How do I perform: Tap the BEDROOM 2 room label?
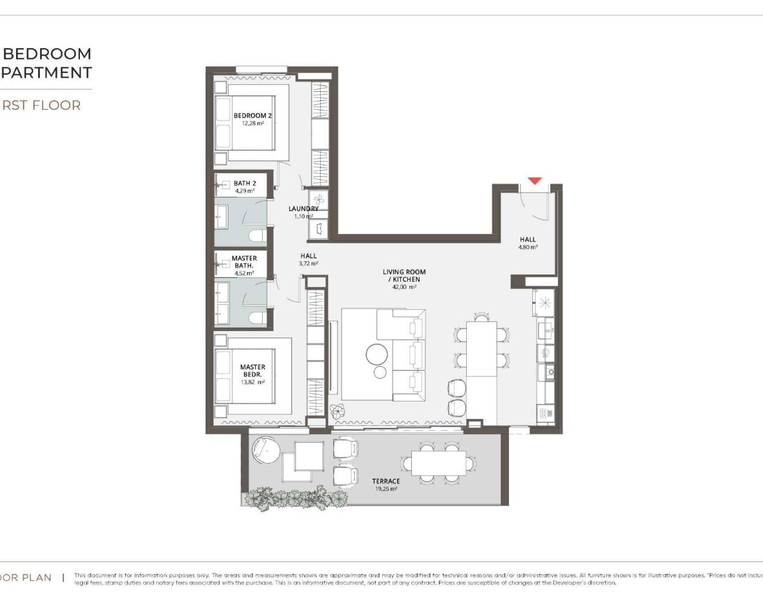pos(253,116)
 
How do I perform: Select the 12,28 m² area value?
pos(253,124)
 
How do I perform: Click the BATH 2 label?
pos(245,183)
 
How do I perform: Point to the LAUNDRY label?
pos(303,209)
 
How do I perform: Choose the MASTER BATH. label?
pos(244,262)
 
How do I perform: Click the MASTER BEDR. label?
pos(253,371)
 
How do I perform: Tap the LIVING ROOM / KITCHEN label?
pos(404,275)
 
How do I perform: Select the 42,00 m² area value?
pos(404,287)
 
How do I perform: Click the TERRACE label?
pos(386,481)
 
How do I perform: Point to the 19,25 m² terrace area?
pos(386,489)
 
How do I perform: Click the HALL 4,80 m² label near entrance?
pos(528,242)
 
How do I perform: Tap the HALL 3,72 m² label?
pos(309,259)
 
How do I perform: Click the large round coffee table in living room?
pos(377,354)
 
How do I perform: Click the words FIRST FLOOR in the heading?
pos(41,106)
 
